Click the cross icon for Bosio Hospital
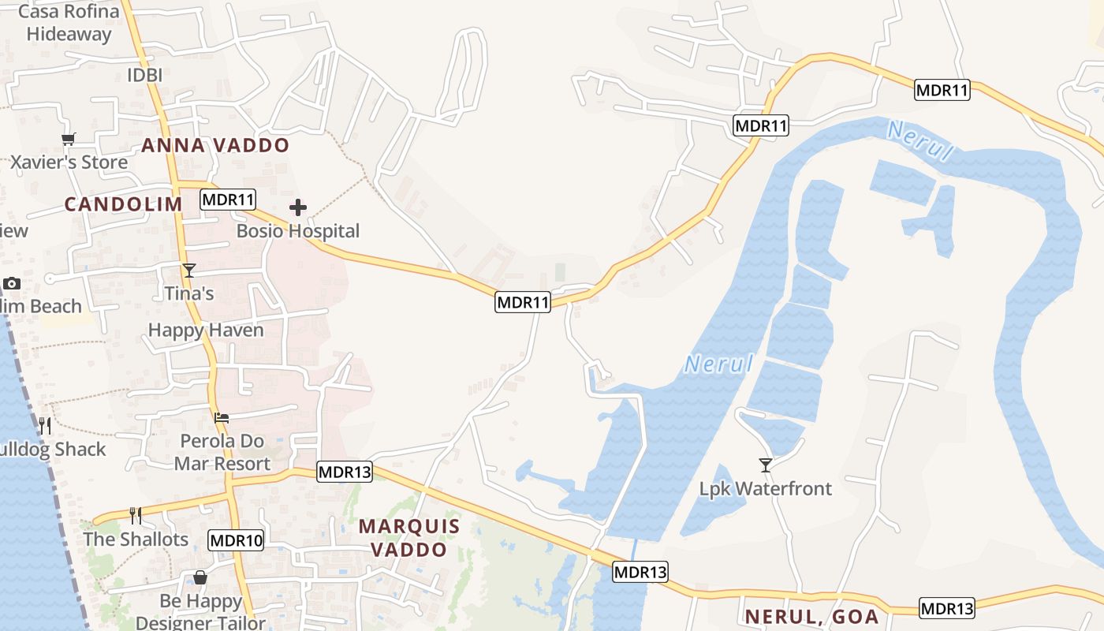pyautogui.click(x=298, y=207)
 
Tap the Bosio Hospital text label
pyautogui.click(x=298, y=231)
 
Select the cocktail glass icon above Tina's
pyautogui.click(x=189, y=271)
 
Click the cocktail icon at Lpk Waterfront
pyautogui.click(x=765, y=465)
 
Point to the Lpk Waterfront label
pyautogui.click(x=765, y=489)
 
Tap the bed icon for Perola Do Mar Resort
pyautogui.click(x=222, y=417)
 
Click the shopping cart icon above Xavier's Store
pyautogui.click(x=68, y=140)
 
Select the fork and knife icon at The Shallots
pyautogui.click(x=136, y=516)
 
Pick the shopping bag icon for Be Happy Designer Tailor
pyautogui.click(x=200, y=578)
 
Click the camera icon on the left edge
pyautogui.click(x=12, y=283)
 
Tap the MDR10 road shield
pyautogui.click(x=236, y=540)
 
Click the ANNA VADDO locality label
pyautogui.click(x=215, y=146)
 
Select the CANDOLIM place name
pyautogui.click(x=123, y=204)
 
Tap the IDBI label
pyautogui.click(x=144, y=76)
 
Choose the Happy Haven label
pyautogui.click(x=206, y=330)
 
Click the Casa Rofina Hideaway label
pyautogui.click(x=69, y=23)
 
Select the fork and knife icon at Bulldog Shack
pyautogui.click(x=45, y=426)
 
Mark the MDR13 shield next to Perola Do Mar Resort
pyautogui.click(x=345, y=472)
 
